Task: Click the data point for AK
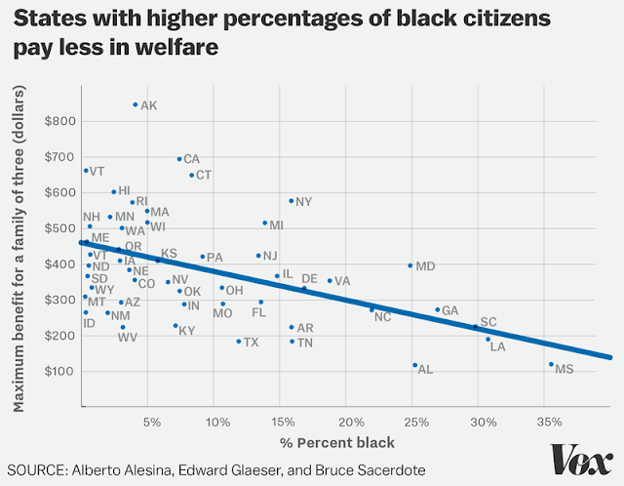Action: [136, 104]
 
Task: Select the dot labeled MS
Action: [551, 364]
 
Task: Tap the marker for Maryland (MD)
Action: [410, 265]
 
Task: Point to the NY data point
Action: [291, 201]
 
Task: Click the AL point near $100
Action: [415, 365]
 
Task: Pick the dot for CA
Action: [179, 158]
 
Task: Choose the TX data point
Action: [238, 342]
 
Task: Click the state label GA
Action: [449, 310]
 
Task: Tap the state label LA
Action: [497, 346]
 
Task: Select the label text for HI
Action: [124, 190]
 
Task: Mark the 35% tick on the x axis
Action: [549, 423]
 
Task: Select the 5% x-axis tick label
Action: [151, 423]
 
